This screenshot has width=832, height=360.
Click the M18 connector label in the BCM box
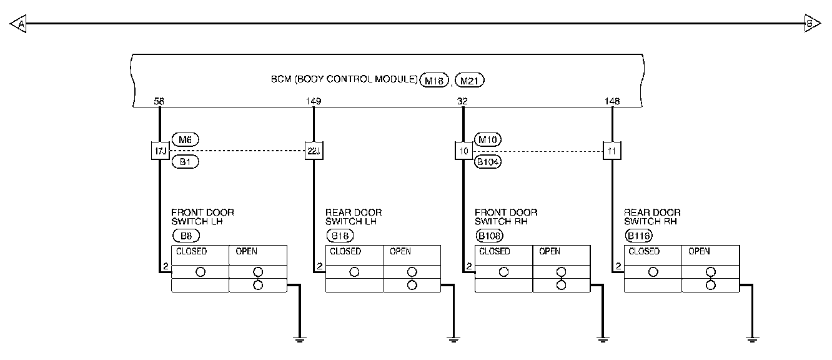pos(435,80)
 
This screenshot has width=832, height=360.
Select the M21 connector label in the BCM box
pos(470,80)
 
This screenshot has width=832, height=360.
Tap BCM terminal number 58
pos(159,100)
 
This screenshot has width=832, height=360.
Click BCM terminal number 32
pos(463,100)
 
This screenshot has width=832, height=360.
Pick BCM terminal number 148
pos(612,100)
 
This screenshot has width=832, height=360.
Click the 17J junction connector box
pos(159,151)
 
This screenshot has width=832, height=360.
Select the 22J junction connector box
pos(314,151)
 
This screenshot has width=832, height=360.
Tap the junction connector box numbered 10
pos(463,151)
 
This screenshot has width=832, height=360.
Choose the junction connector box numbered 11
pos(612,151)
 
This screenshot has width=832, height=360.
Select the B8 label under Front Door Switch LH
pos(186,236)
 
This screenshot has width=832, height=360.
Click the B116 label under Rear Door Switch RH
pos(638,236)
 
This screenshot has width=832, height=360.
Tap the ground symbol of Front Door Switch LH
pos(300,339)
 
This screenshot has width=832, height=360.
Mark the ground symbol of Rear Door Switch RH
pos(753,339)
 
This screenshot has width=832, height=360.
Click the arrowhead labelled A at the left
pos(19,24)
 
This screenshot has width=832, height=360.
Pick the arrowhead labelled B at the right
pos(811,24)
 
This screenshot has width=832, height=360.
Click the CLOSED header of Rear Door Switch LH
pos(345,252)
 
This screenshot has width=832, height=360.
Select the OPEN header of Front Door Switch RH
pos(549,252)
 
